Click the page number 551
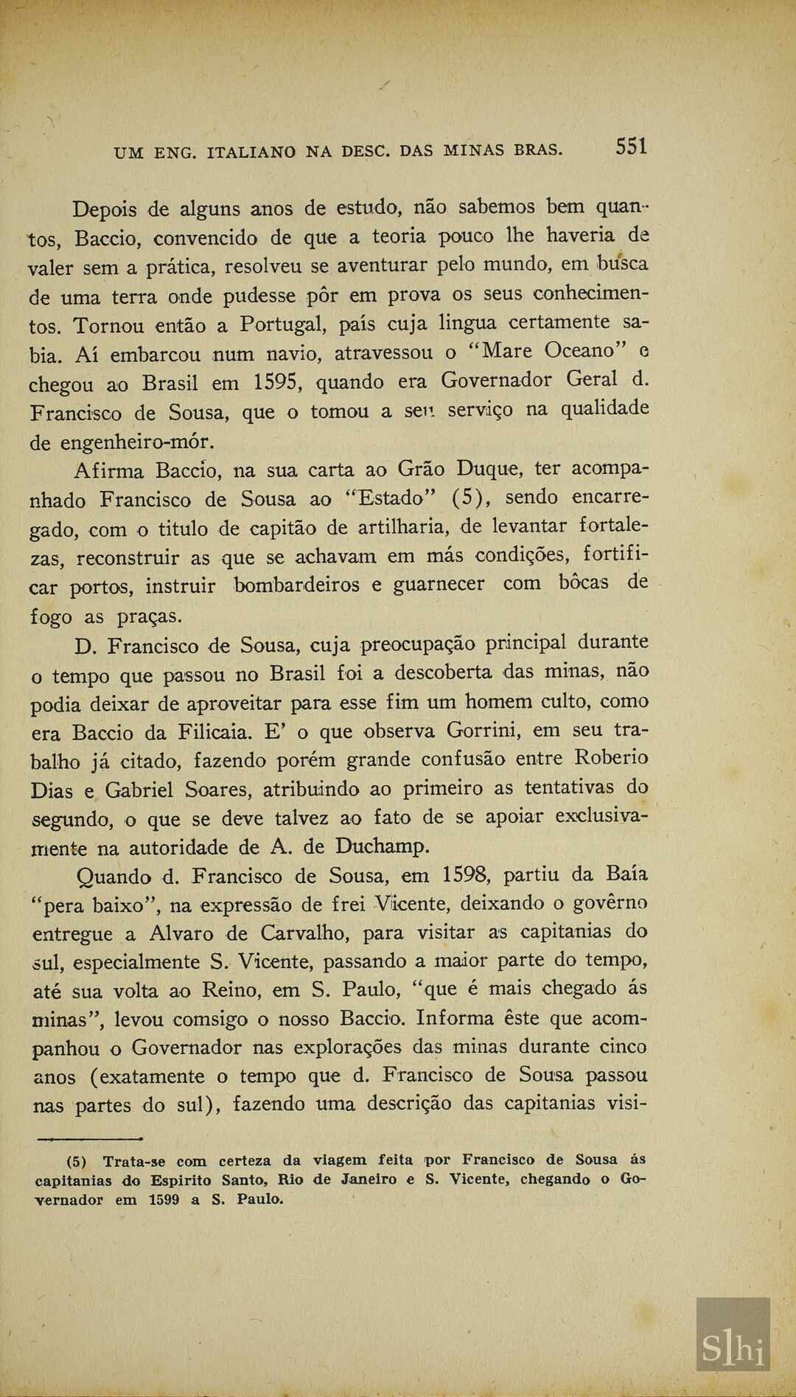coord(632,147)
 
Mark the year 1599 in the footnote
coord(164,1199)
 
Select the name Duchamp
coord(382,846)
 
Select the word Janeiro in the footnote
coord(369,1180)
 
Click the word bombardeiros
coord(297,585)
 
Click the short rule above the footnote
coord(89,1139)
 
